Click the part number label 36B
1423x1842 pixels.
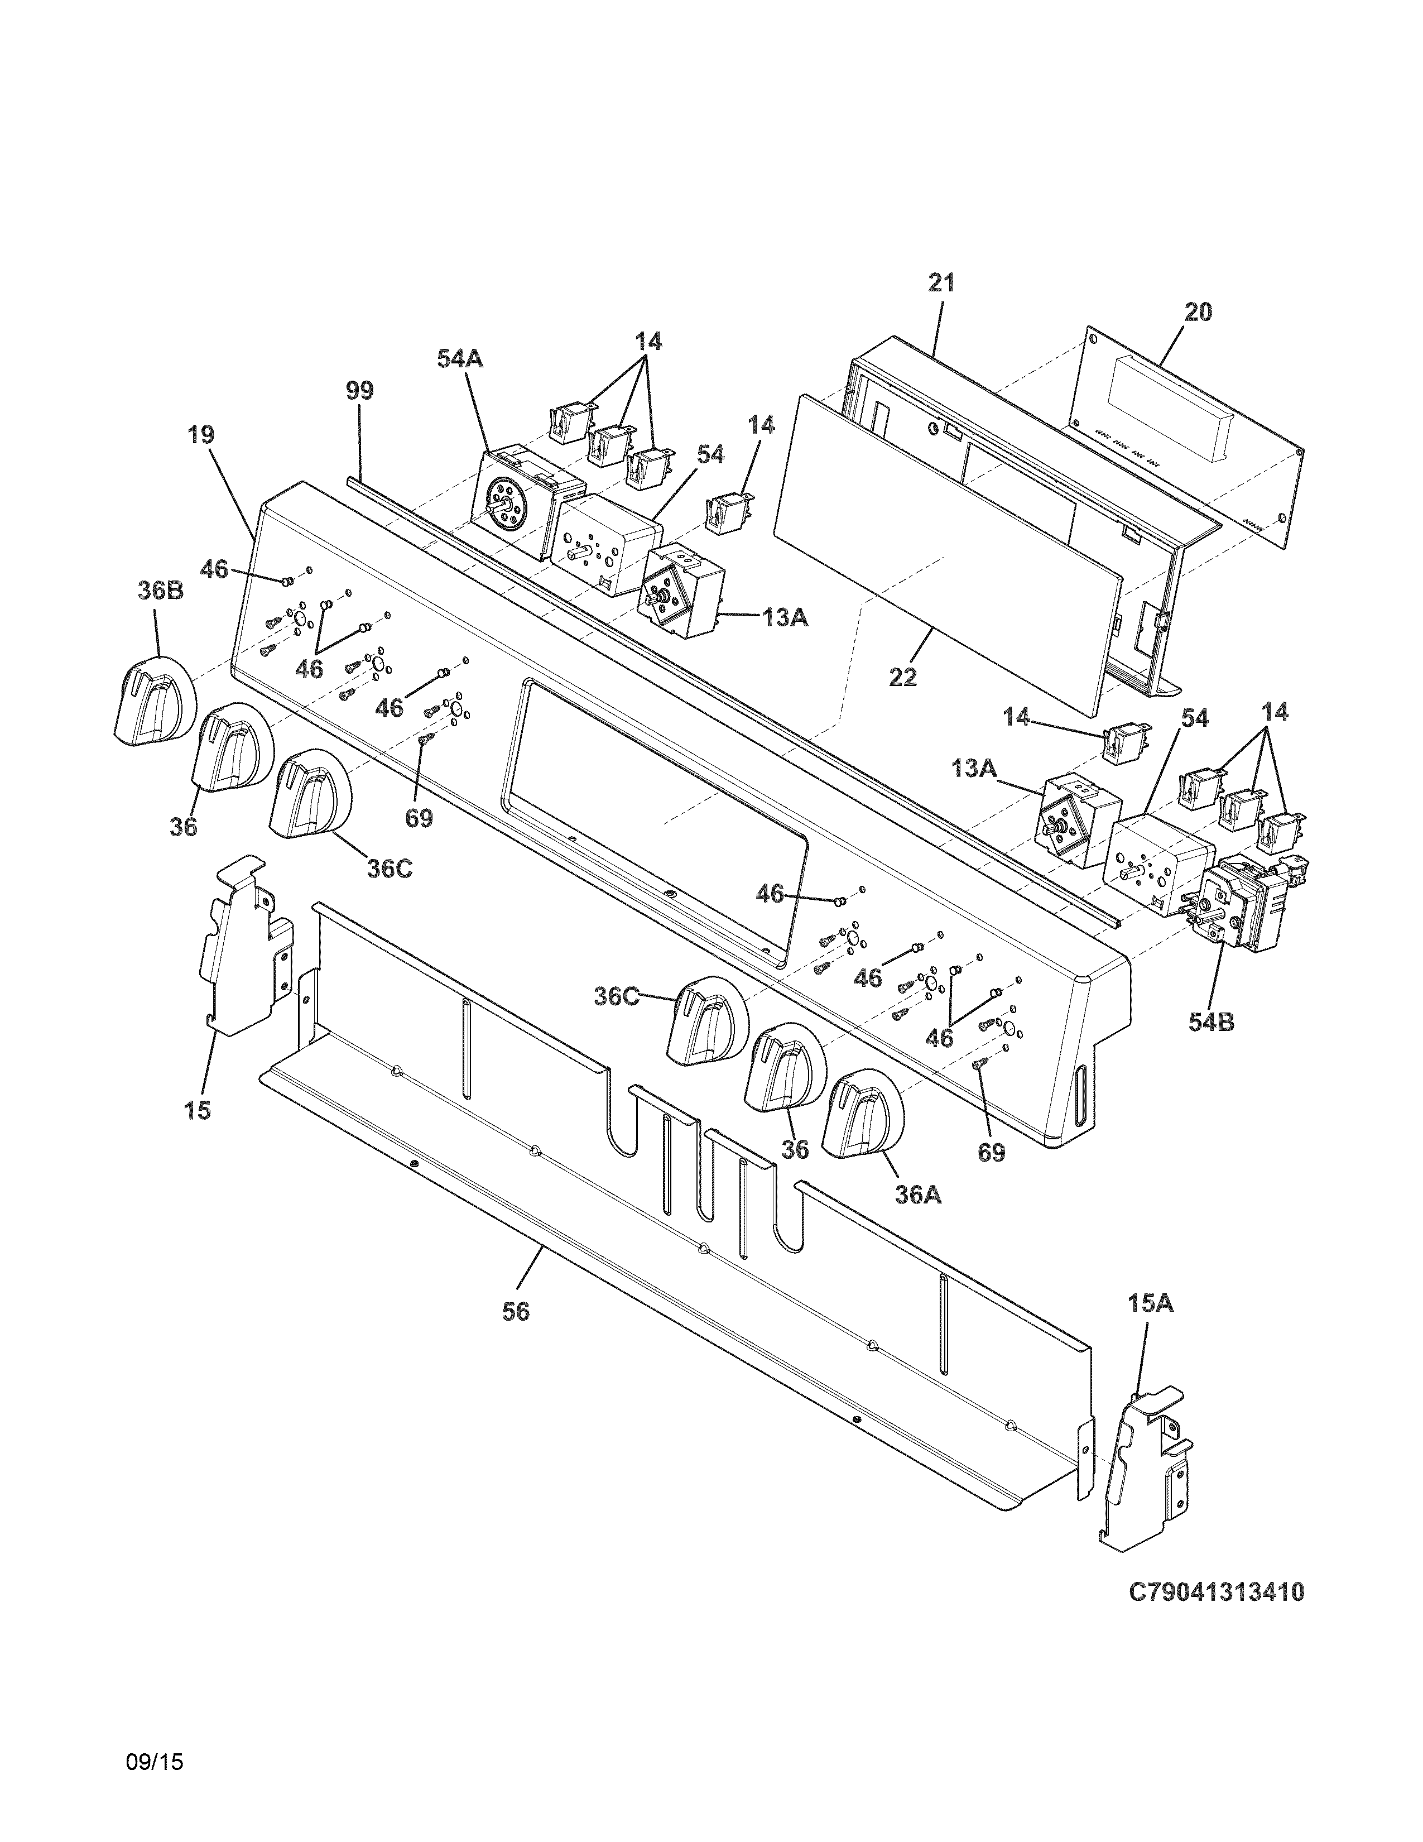pyautogui.click(x=160, y=591)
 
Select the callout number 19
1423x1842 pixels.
pyautogui.click(x=201, y=435)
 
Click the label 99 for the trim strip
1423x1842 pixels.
pyautogui.click(x=359, y=391)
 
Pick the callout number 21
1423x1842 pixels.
pyautogui.click(x=941, y=284)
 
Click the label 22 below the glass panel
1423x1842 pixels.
pyautogui.click(x=903, y=677)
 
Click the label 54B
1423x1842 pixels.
pyautogui.click(x=1212, y=1022)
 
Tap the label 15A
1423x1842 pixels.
pyautogui.click(x=1150, y=1304)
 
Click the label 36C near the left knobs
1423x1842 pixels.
pyautogui.click(x=390, y=869)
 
